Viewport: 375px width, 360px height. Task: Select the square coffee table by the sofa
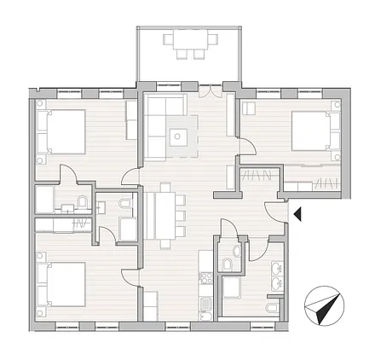178,136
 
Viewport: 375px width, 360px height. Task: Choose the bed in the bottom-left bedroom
61,284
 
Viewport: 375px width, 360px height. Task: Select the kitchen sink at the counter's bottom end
205,309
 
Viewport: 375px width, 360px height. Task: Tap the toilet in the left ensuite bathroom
82,201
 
